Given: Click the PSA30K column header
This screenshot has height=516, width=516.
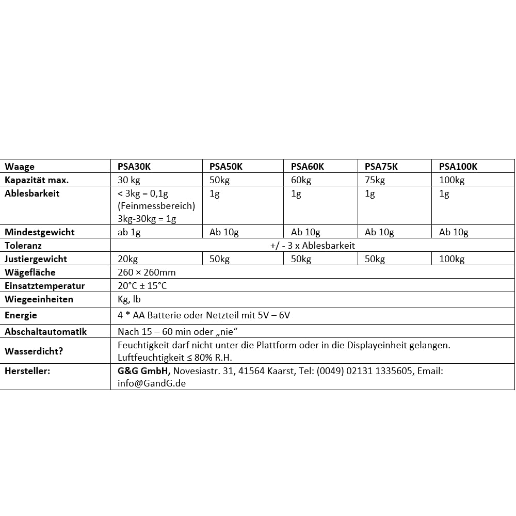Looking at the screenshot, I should point(134,167).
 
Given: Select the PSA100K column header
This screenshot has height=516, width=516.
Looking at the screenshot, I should point(458,167).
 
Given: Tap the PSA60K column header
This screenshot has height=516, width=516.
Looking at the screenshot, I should point(308,167).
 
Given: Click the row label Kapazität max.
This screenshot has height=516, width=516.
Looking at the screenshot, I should point(37,180).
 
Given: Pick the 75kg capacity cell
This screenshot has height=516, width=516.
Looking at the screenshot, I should point(375,180).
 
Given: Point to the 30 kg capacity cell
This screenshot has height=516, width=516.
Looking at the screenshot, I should point(129,180).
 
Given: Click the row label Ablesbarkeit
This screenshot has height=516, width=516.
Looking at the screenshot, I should point(32,193).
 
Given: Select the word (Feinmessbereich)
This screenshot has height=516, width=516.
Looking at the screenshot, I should point(156,206).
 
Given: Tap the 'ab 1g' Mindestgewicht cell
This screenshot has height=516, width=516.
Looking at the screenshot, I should point(129,232).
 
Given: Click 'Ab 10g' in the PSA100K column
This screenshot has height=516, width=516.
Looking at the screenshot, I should point(454,232).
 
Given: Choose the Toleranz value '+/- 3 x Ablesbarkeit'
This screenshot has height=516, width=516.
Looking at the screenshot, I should point(313,246).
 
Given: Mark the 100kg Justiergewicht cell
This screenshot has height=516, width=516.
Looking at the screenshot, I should point(451,259).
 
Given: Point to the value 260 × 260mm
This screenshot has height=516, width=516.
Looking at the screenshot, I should point(147,272).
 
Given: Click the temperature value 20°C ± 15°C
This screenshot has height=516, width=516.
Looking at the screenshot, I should point(142,286).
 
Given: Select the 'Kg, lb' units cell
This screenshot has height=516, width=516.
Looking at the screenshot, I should point(130,299).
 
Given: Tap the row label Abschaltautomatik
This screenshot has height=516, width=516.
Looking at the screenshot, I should point(45,331).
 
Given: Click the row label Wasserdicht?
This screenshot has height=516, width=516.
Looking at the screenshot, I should point(34,351).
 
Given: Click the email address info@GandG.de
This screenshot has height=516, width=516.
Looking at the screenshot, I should point(152,383).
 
